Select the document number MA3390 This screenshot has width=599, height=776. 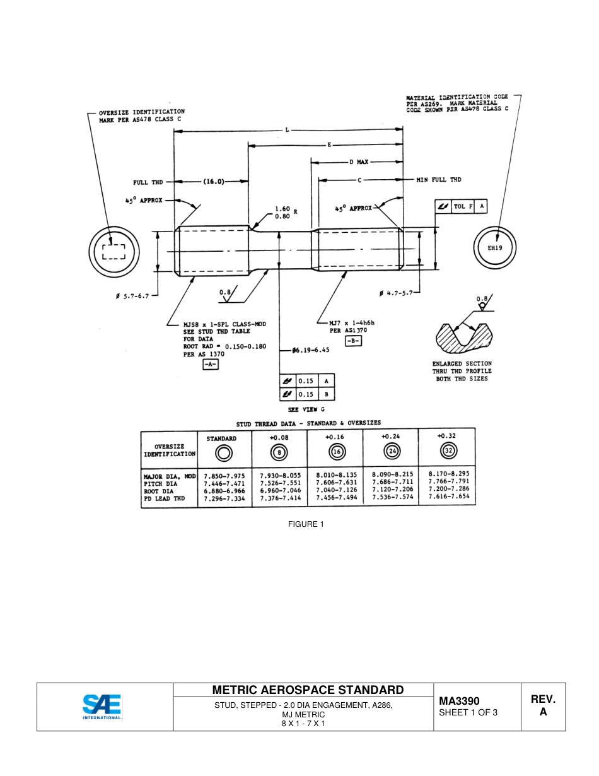pos(459,701)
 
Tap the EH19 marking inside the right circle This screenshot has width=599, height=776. pos(495,248)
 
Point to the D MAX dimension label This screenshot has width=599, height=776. pos(358,162)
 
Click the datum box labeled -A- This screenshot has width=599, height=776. pos(210,365)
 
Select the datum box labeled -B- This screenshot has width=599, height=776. pos(353,341)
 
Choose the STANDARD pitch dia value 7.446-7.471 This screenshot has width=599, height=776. pos(224,483)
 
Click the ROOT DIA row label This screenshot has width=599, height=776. pos(158,490)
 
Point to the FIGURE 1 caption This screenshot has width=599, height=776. pos(306,524)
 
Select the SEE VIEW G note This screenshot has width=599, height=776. pos(306,409)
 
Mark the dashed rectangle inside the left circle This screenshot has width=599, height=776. pos(113,252)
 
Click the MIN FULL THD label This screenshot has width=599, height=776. pos(438,180)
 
